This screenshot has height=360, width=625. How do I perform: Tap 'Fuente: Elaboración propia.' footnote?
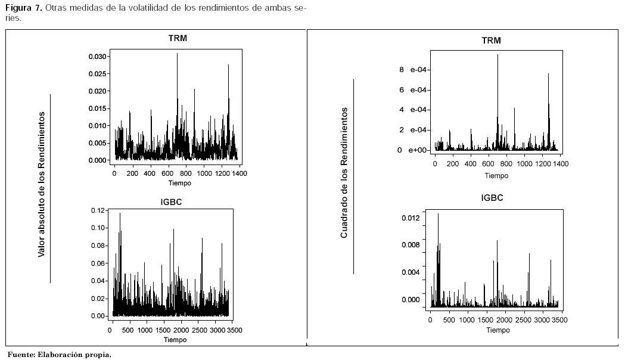point(59,355)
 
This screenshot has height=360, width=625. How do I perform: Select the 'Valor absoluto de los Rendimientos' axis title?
point(42,184)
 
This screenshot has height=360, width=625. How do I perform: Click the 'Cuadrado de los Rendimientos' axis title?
point(344,173)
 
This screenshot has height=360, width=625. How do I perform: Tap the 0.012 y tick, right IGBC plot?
point(411,218)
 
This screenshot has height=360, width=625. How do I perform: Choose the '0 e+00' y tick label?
point(413,150)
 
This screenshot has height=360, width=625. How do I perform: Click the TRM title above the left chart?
point(178,39)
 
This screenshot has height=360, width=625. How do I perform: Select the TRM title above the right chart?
point(491,41)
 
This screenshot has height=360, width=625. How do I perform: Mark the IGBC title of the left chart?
point(171,202)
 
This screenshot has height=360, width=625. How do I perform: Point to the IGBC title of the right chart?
point(492,198)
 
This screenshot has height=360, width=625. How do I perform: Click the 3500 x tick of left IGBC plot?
point(234,330)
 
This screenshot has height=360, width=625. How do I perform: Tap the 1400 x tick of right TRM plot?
point(561,164)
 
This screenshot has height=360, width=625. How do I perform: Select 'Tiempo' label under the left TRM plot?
point(179,183)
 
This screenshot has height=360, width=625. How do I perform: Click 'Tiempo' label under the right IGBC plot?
point(497,330)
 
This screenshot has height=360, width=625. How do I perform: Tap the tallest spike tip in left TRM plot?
point(177,54)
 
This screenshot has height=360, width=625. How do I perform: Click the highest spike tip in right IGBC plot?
point(438,213)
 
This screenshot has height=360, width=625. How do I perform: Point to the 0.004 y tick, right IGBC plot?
point(411,273)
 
